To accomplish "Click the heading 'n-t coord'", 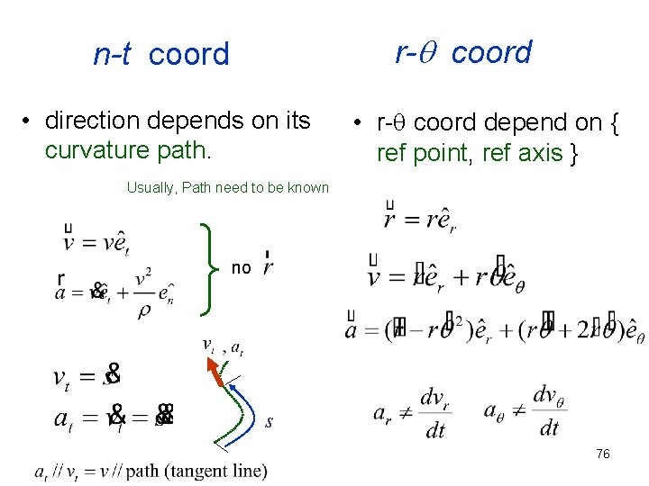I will pos(161,55).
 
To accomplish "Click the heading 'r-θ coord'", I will pos(464,52).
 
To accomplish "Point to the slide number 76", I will pos(602,454).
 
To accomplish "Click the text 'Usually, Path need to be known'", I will pos(228,188).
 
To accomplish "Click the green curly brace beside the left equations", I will pos(208,267).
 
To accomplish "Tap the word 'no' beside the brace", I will pos(241,267).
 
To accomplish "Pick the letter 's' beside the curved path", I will pos(269,421).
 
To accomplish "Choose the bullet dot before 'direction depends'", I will pos(29,121).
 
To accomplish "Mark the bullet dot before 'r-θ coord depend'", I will pos(358,123).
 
